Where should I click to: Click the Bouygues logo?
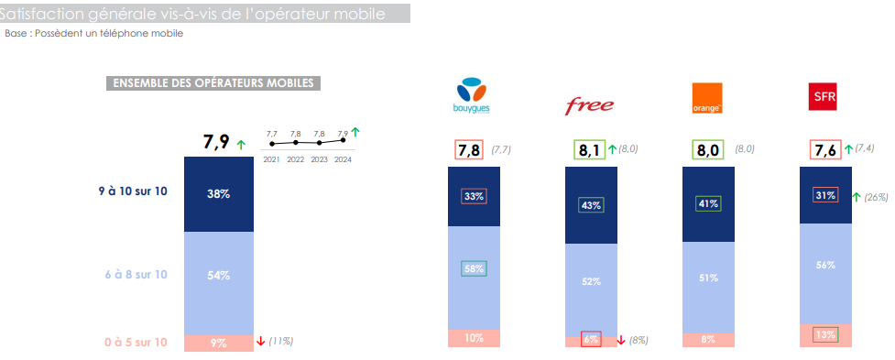pos(473,96)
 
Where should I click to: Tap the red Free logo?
pos(589,104)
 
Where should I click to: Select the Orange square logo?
pos(707,98)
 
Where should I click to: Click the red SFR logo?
pos(824,96)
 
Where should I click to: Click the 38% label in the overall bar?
pos(218,193)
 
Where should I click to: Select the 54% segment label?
pos(218,276)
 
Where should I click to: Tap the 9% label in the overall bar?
pos(218,343)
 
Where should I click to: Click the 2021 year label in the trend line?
pos(272,159)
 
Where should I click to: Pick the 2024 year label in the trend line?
pos(343,159)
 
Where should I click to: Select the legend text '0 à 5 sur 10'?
pos(136,343)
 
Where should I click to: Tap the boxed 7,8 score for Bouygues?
pos(469,150)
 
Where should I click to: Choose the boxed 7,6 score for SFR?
pos(824,150)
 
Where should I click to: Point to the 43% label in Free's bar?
pos(590,205)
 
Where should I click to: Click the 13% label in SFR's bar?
pos(825,334)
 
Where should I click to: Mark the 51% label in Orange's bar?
pos(707,278)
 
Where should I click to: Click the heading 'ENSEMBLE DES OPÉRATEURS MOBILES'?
pos(213,83)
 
